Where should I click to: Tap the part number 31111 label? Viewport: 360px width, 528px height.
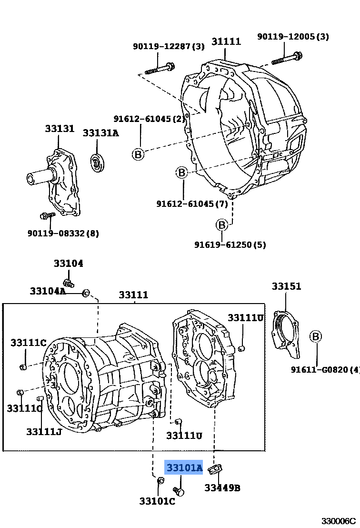(226, 41)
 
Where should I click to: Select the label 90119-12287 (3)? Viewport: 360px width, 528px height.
(169, 46)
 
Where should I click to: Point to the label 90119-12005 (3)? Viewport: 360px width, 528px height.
(293, 36)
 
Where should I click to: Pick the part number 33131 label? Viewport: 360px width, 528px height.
(60, 128)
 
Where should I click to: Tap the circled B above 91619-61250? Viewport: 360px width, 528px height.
(222, 224)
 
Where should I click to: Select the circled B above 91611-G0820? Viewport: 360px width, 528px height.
(315, 336)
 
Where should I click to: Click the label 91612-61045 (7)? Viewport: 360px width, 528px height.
(192, 203)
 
